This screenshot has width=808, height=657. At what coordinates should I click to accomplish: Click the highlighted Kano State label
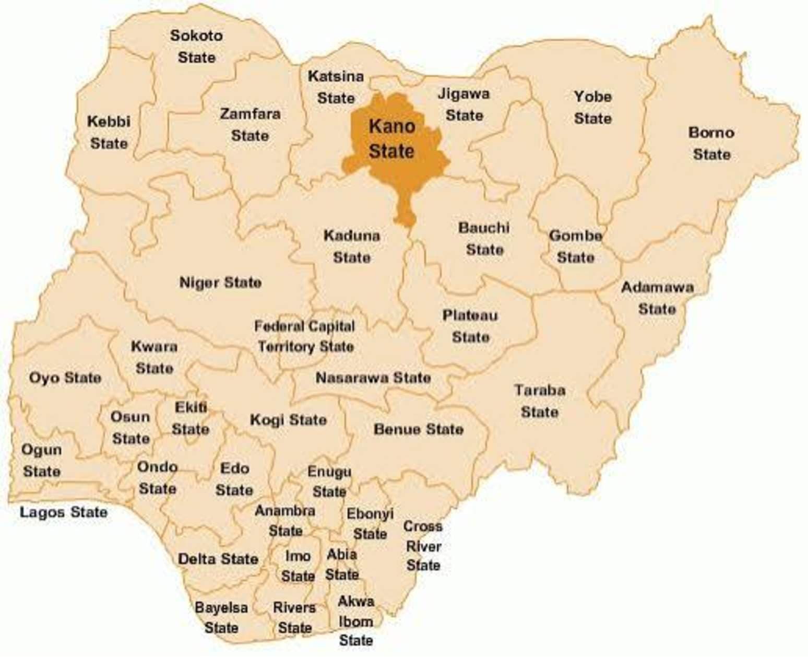pos(391,138)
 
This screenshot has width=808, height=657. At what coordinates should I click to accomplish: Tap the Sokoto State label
pos(196,46)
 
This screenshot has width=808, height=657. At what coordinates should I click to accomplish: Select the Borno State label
pos(711,144)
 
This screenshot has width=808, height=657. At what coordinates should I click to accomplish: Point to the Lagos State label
pos(64,512)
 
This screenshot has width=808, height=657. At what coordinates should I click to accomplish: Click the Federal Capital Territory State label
pos(305,337)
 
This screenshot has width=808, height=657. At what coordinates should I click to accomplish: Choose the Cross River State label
pos(423,546)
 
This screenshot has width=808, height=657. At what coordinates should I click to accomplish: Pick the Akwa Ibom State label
pos(356,621)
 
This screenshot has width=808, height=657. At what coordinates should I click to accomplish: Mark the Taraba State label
pos(540,401)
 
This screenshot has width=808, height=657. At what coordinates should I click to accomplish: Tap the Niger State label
pos(220,283)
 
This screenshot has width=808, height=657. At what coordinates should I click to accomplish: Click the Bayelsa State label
pos(221,618)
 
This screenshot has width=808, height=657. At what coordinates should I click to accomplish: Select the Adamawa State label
pos(657,298)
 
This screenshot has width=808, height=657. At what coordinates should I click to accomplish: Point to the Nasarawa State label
pos(373,378)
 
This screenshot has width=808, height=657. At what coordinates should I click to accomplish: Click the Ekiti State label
pos(191,418)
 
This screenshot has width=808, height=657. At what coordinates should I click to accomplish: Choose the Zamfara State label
pos(250,125)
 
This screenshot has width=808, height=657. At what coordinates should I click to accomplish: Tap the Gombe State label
pos(575,247)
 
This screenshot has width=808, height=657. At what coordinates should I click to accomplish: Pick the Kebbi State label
pos(109,133)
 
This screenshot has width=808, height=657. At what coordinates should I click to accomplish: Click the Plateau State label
pos(470,326)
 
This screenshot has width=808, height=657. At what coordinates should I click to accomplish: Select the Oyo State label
pos(65,378)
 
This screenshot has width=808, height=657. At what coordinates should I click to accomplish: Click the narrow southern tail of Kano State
pos(406,209)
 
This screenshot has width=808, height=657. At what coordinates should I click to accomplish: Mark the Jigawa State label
pos(464,104)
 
